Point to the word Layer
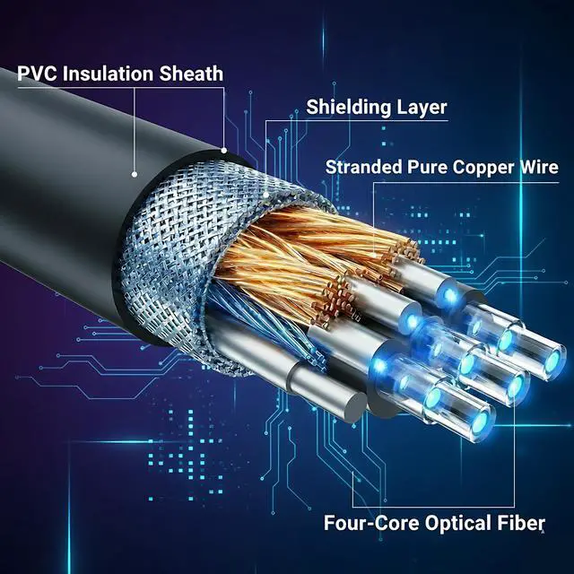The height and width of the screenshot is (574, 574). click(422, 108)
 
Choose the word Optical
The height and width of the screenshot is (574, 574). click(457, 522)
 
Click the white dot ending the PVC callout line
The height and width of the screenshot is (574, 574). click(135, 173)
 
